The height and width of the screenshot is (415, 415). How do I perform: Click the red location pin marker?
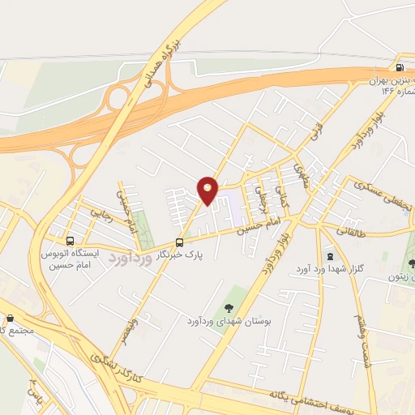(208, 190)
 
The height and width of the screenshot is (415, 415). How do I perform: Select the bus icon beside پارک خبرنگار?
(180, 242)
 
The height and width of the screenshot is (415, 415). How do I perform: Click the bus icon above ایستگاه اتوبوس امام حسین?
(71, 241)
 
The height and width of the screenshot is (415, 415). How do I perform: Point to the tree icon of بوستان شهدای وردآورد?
(229, 307)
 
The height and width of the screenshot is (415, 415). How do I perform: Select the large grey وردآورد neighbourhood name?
(130, 261)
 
